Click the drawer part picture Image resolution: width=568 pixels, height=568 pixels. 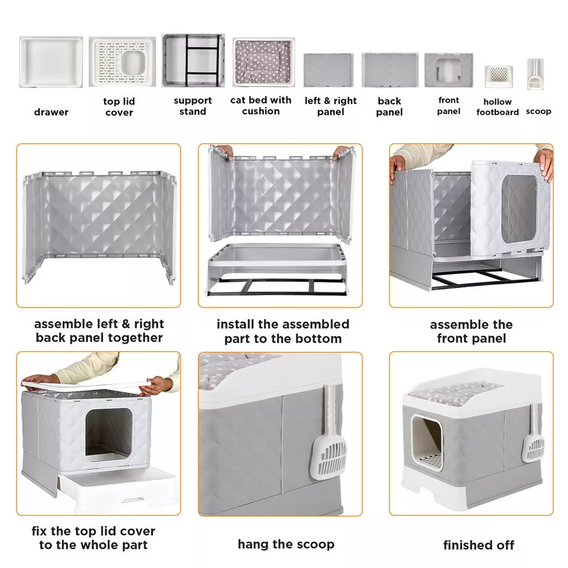click(51, 62)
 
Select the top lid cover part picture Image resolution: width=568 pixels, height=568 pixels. click(122, 62)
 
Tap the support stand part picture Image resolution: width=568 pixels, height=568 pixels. click(193, 60)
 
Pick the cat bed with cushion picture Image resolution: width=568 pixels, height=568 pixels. click(263, 63)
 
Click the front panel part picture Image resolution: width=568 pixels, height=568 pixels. click(448, 70)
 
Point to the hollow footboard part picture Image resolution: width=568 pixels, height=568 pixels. click(498, 76)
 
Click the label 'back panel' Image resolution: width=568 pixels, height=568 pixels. click(389, 106)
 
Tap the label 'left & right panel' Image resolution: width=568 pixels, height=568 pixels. click(331, 106)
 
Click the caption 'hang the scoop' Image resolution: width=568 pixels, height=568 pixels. click(286, 544)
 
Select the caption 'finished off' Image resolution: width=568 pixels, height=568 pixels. click(479, 545)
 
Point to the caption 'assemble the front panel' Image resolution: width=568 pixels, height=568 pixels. click(471, 331)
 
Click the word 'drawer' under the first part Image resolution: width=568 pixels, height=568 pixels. click(51, 112)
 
